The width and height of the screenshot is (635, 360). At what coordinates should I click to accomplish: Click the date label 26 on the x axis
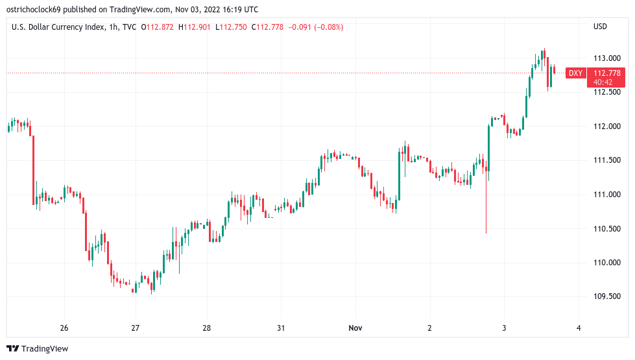click(x=64, y=328)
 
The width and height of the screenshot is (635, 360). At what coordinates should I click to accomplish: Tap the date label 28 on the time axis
click(x=206, y=328)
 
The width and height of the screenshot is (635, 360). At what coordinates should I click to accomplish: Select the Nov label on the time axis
click(x=355, y=328)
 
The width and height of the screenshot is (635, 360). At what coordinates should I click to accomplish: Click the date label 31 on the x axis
click(x=280, y=328)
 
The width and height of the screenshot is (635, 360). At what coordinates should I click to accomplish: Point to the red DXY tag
click(x=575, y=73)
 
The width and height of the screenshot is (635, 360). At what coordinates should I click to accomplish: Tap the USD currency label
click(x=600, y=27)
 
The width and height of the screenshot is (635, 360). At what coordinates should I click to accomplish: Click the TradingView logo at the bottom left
click(x=37, y=349)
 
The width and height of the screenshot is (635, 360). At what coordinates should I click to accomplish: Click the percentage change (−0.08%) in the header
click(x=328, y=27)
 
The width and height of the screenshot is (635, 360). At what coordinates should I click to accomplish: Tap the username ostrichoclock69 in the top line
click(x=38, y=9)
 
